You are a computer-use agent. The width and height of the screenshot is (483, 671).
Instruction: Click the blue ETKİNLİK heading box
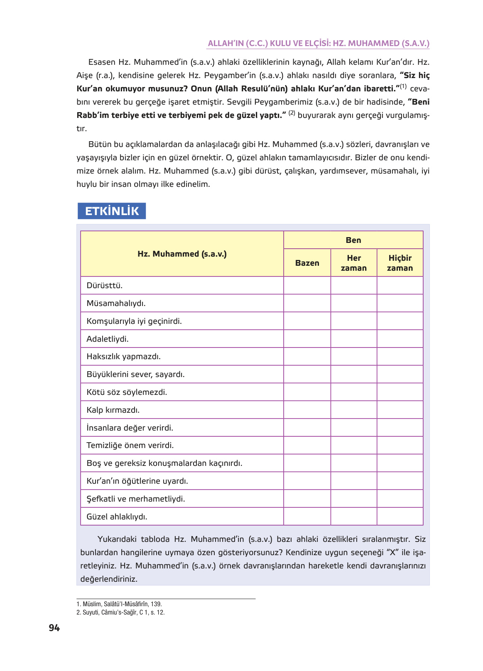(112, 211)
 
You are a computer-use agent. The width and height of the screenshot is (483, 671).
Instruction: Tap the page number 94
(54, 628)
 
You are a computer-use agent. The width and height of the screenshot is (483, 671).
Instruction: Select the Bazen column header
(307, 263)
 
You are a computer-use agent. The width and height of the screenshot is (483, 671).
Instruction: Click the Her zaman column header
(353, 263)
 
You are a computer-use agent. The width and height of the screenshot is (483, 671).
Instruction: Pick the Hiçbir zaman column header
(400, 263)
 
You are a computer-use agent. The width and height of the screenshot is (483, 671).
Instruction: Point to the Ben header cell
(353, 240)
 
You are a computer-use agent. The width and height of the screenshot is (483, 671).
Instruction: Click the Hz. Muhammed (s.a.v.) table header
(182, 254)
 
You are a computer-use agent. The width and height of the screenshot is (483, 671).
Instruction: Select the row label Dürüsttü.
(105, 286)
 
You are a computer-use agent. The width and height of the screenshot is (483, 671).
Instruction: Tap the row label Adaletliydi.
(108, 339)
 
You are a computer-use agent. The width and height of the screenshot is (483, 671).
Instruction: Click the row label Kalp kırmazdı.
(113, 410)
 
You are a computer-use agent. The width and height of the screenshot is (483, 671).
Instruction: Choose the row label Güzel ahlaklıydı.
(117, 517)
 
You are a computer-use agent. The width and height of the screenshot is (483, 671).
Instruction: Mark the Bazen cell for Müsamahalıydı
(307, 303)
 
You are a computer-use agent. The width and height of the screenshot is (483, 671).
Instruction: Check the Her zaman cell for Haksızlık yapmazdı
(353, 356)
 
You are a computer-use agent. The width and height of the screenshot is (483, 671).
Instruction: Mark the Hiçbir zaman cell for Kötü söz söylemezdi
(400, 392)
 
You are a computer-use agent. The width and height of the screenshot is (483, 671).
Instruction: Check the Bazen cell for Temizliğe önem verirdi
(307, 445)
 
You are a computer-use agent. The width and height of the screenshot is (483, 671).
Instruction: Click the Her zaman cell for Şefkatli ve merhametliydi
(353, 499)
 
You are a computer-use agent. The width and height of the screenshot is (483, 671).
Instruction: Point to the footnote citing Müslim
(119, 604)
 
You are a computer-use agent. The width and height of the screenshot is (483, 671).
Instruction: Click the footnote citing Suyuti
(120, 612)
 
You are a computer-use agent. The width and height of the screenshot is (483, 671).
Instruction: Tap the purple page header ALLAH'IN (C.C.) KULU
(318, 43)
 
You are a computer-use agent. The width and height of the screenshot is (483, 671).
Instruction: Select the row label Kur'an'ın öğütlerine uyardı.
(137, 481)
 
